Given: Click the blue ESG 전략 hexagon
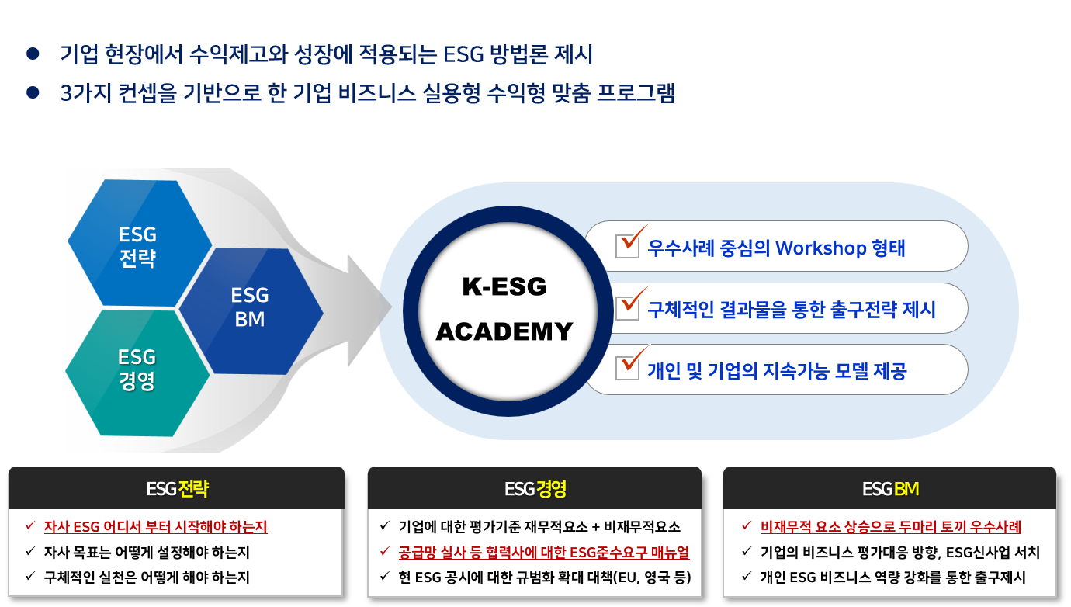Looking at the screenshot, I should pyautogui.click(x=138, y=244).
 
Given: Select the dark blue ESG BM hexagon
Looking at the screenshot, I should pyautogui.click(x=250, y=307).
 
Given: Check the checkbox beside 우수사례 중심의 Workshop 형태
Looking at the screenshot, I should pyautogui.click(x=627, y=245).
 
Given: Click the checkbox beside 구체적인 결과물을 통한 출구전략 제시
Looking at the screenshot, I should pyautogui.click(x=627, y=307).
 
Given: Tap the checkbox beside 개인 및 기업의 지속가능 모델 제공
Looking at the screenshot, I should pyautogui.click(x=627, y=368).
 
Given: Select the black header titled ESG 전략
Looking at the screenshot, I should pyautogui.click(x=176, y=488).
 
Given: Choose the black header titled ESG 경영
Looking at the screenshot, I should pyautogui.click(x=535, y=488).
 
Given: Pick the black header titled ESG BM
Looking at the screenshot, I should pyautogui.click(x=890, y=488).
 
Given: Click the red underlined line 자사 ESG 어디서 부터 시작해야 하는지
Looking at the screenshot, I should pyautogui.click(x=155, y=527).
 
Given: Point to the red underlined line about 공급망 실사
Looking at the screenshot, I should pyautogui.click(x=543, y=553).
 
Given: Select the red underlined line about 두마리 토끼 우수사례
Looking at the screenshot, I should pyautogui.click(x=891, y=527).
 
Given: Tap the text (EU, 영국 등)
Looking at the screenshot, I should pyautogui.click(x=651, y=578).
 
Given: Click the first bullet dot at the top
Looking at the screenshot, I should pyautogui.click(x=33, y=54).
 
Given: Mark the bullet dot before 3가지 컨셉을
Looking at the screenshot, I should pyautogui.click(x=33, y=92).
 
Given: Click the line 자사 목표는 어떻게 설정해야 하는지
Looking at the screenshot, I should pyautogui.click(x=147, y=553).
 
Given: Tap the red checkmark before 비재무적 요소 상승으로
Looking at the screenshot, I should pyautogui.click(x=747, y=526).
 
